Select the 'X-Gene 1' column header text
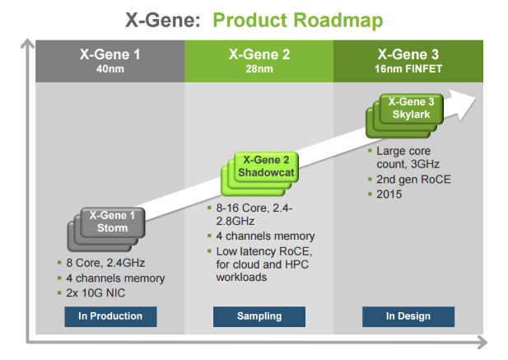110,54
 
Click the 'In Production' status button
110,316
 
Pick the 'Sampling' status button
259,316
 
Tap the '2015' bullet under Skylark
391,194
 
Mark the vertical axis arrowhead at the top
30,44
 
